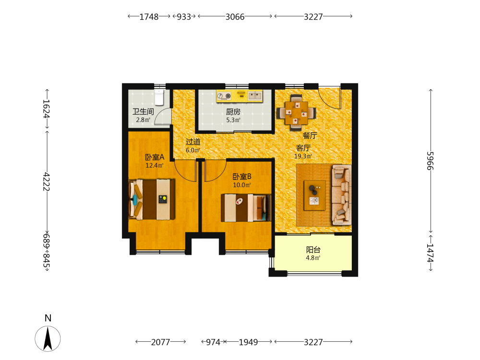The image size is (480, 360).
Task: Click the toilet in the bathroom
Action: pos(159,97)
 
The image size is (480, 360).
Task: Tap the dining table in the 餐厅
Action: pos(296,113)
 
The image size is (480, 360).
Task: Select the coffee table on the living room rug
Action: pos(315,195)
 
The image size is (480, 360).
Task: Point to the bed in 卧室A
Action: pos(152,199)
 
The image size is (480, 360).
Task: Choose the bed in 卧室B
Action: pos(246,208)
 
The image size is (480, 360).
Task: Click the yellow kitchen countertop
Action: pos(240,96)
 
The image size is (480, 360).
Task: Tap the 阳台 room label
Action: pos(313,250)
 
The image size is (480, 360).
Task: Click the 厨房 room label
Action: pos(233,112)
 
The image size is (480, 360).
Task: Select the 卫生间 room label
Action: pos(143,112)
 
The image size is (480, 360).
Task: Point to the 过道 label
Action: pos(193,142)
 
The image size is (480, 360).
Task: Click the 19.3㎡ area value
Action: pos(303,156)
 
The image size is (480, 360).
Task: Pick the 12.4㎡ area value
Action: pos(155,166)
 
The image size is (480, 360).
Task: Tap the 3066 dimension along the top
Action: pos(235,16)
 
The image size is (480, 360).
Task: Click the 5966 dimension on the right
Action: pos(431,161)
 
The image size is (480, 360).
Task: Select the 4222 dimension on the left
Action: pos(47,181)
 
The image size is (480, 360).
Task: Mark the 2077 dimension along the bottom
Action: pos(160,342)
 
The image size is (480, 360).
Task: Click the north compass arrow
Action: pos(48,338)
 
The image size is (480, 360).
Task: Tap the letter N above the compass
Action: pos(48,318)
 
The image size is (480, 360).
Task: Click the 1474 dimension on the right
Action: pos(431,253)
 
